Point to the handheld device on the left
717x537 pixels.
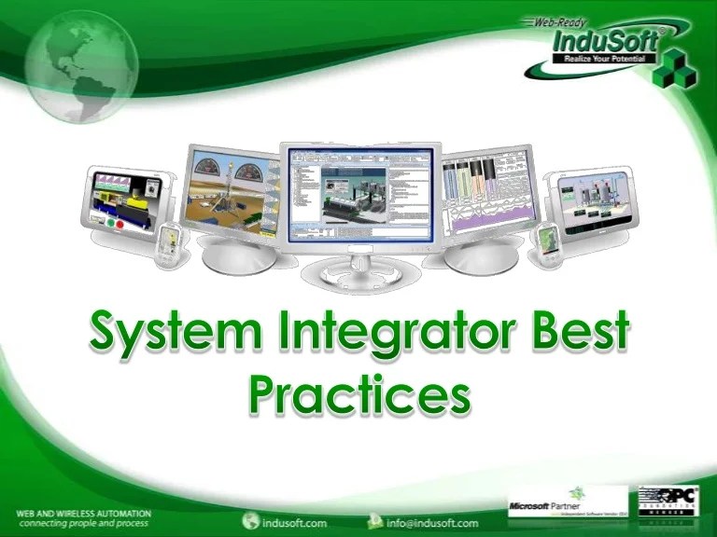click(x=168, y=246)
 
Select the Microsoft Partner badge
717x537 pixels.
click(x=555, y=507)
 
